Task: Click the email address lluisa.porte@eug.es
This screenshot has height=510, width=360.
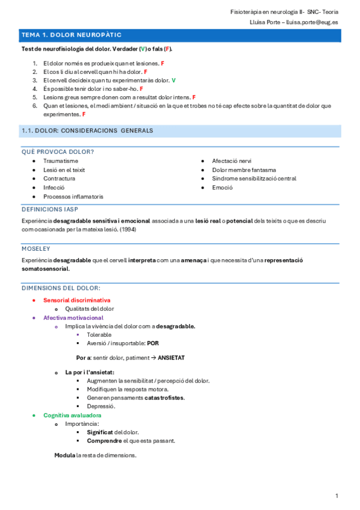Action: [x=312, y=22]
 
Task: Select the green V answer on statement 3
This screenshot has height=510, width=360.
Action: [x=174, y=80]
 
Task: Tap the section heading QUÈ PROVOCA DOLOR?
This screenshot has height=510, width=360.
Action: [x=58, y=152]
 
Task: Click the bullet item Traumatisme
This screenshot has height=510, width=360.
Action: [x=61, y=161]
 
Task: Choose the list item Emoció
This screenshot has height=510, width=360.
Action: [x=222, y=188]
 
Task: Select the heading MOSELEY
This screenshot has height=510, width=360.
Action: [x=35, y=248]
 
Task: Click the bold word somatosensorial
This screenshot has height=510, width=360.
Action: [x=45, y=269]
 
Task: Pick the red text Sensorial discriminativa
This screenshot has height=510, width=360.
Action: [x=77, y=300]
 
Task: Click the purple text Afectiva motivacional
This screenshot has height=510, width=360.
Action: [x=73, y=318]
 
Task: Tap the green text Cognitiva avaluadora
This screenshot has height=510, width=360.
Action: [x=72, y=416]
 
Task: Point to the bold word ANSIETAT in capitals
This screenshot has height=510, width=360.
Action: [x=171, y=358]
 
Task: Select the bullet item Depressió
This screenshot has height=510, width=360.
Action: [x=101, y=407]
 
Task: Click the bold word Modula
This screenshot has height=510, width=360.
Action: [x=64, y=455]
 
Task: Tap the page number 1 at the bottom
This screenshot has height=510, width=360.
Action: [x=337, y=496]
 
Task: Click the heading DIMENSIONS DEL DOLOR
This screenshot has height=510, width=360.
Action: [x=61, y=289]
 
